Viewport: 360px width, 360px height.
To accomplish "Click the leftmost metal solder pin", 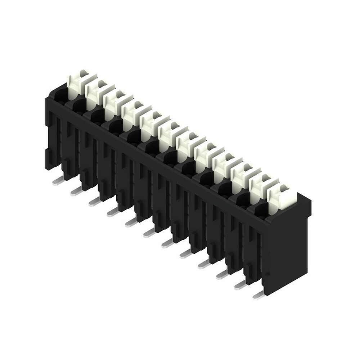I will (58, 181).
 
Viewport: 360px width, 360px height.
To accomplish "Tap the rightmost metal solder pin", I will (258, 296).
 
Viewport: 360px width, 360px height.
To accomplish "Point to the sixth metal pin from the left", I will (149, 234).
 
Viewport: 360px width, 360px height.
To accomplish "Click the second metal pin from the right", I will (240, 285).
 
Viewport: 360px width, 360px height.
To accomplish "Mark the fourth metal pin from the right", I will (203, 265).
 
